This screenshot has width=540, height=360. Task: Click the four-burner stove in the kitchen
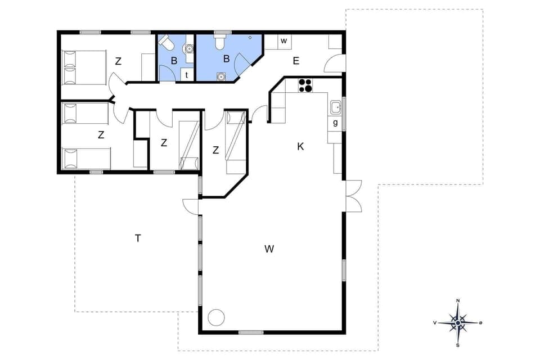pyautogui.click(x=305, y=85)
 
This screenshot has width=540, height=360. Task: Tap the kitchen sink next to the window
pyautogui.click(x=335, y=107)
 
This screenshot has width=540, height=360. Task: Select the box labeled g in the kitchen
pyautogui.click(x=335, y=123)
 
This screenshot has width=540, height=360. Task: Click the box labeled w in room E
pyautogui.click(x=284, y=41)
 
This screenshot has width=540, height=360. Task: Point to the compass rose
pyautogui.click(x=458, y=323)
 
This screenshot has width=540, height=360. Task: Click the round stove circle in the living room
pyautogui.click(x=216, y=317)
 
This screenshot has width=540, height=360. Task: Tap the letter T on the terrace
pyautogui.click(x=137, y=238)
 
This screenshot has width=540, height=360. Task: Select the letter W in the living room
pyautogui.click(x=269, y=249)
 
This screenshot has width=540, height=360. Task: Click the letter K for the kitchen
pyautogui.click(x=300, y=146)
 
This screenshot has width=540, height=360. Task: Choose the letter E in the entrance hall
pyautogui.click(x=295, y=61)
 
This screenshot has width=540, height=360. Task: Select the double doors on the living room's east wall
pyautogui.click(x=353, y=196)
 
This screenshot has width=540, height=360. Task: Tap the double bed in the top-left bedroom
pyautogui.click(x=84, y=67)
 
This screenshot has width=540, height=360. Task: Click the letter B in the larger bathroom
pyautogui.click(x=227, y=58)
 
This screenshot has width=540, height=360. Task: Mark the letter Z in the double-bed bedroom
pyautogui.click(x=118, y=61)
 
